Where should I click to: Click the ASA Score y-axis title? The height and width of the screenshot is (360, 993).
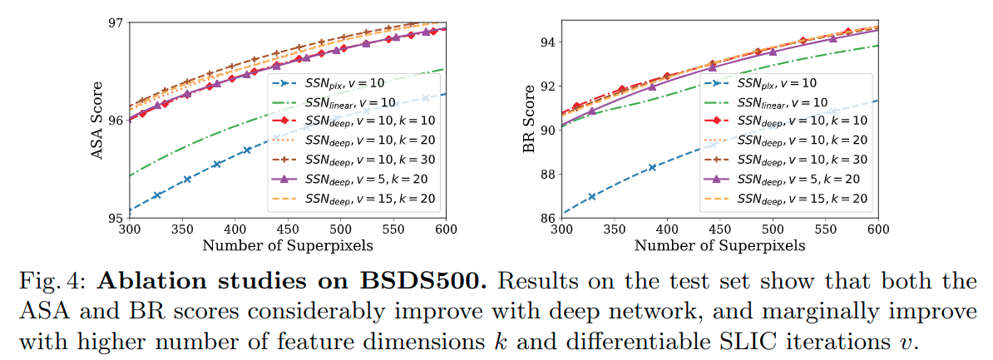(97, 120)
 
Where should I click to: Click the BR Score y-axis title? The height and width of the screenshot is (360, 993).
(530, 120)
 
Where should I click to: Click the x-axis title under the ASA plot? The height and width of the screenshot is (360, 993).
(287, 245)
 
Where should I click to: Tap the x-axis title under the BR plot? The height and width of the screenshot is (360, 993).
(719, 245)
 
